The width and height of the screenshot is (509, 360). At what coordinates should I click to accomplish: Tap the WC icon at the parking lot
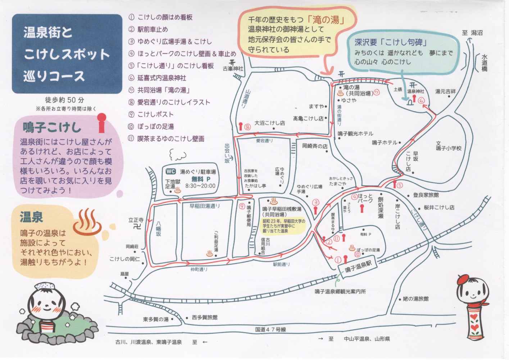(171, 172)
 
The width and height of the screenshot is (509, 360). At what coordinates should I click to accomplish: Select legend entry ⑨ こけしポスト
(151, 114)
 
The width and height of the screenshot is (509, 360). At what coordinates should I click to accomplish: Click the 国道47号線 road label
(270, 329)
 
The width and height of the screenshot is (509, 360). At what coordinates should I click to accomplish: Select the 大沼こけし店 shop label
(269, 123)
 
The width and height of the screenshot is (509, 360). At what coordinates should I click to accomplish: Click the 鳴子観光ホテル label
(355, 134)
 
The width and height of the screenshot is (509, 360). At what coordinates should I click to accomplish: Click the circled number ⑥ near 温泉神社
(422, 101)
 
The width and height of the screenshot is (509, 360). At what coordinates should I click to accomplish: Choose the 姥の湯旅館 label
(416, 298)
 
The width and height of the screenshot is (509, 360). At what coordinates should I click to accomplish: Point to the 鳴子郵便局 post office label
(249, 216)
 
